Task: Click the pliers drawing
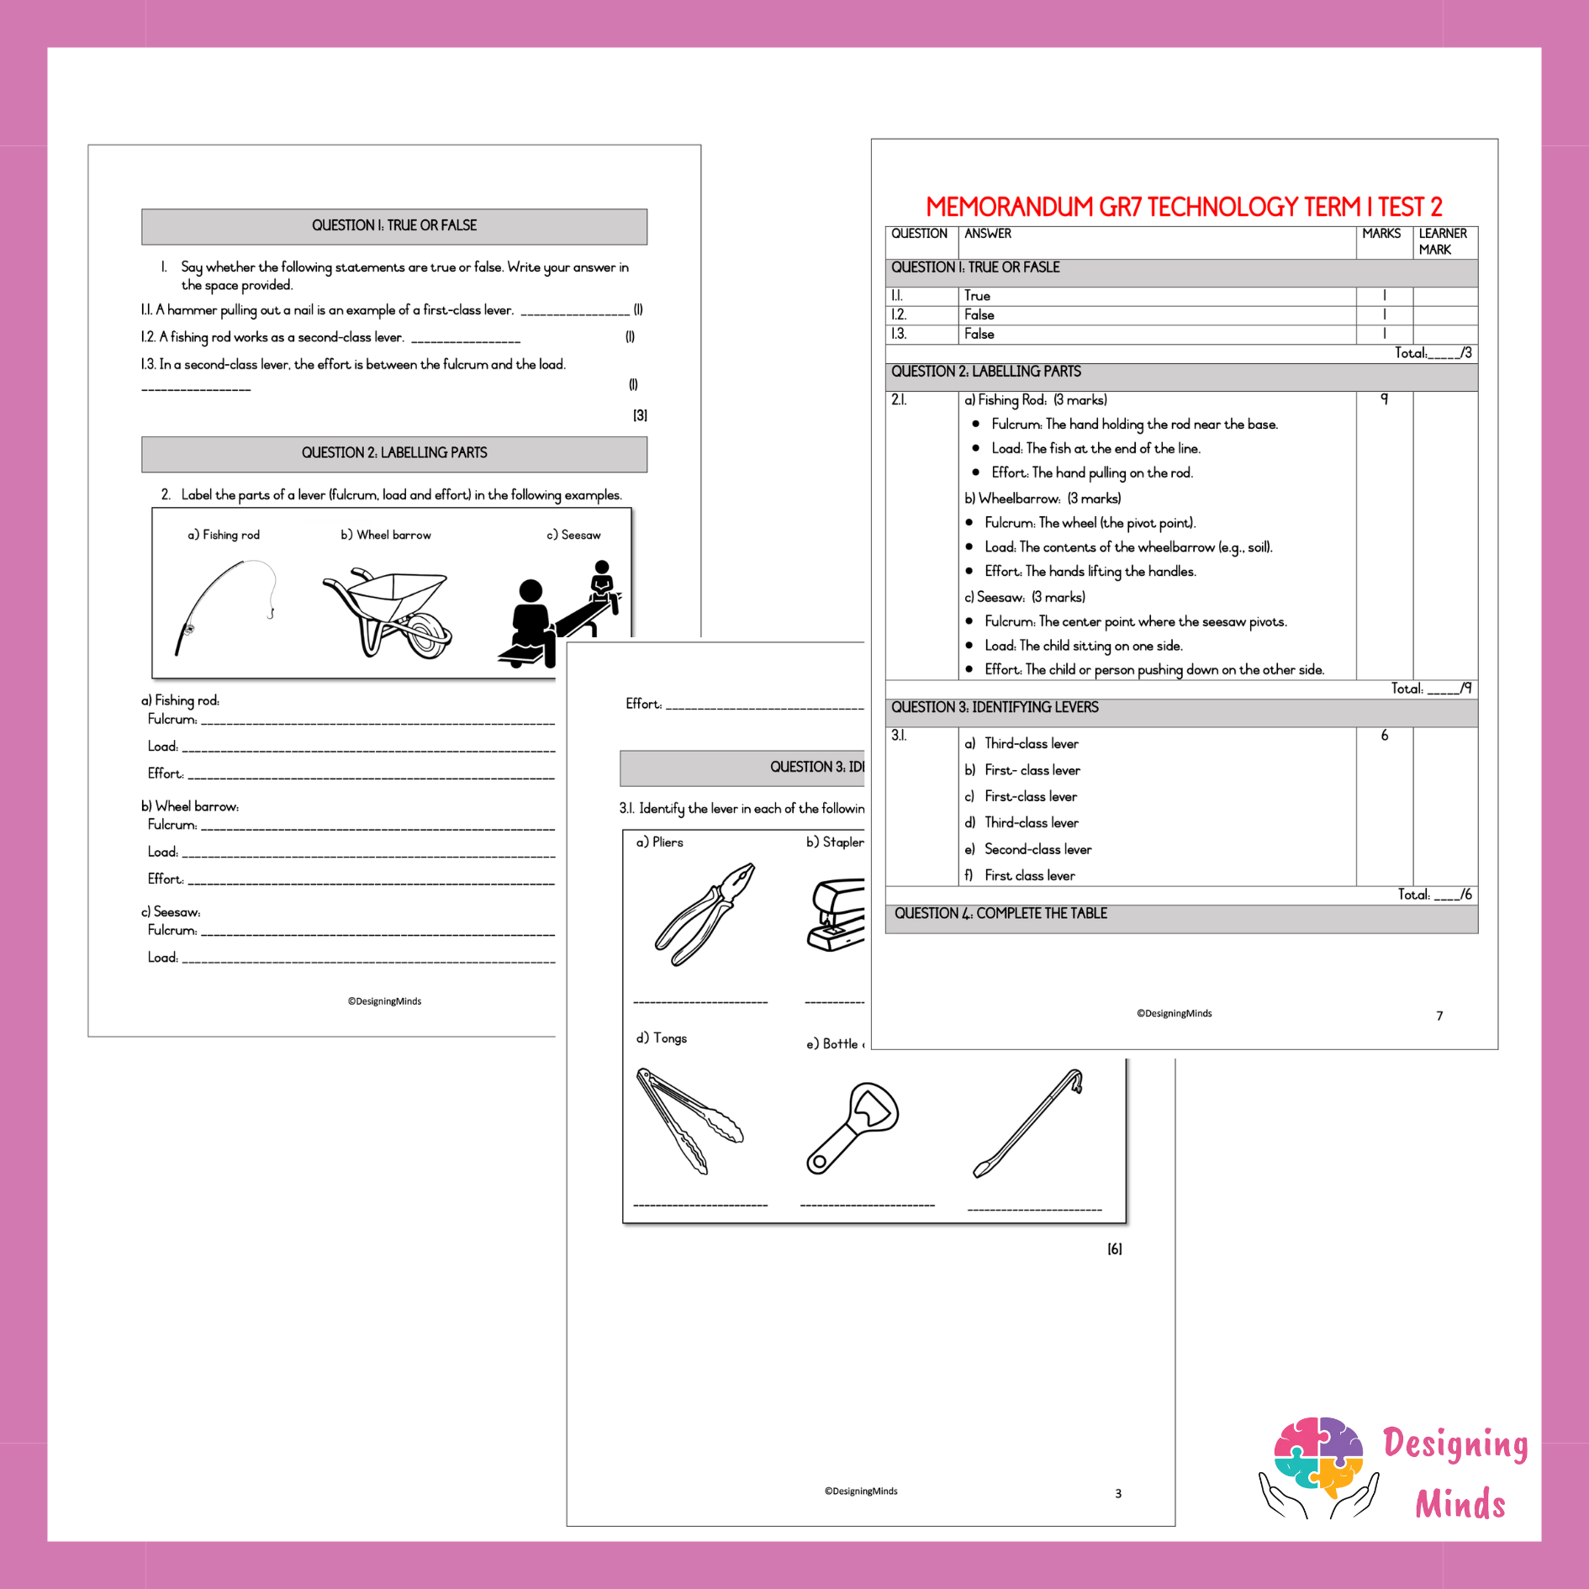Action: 705,914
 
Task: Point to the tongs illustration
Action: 689,1121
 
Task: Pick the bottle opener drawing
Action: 853,1127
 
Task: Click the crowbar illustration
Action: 1028,1122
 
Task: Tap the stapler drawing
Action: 836,915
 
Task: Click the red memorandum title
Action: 1184,207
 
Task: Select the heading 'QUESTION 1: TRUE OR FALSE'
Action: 394,225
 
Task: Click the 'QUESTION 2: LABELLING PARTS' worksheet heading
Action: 394,453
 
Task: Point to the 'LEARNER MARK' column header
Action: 1443,241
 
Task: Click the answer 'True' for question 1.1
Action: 977,296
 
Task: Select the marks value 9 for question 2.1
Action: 1384,399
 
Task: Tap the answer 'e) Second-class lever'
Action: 1028,849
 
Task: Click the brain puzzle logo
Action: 1318,1466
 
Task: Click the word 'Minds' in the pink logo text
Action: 1460,1504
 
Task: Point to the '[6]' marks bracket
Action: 1115,1249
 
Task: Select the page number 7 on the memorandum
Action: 1439,1016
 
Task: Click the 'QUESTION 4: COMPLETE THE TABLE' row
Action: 1181,919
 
